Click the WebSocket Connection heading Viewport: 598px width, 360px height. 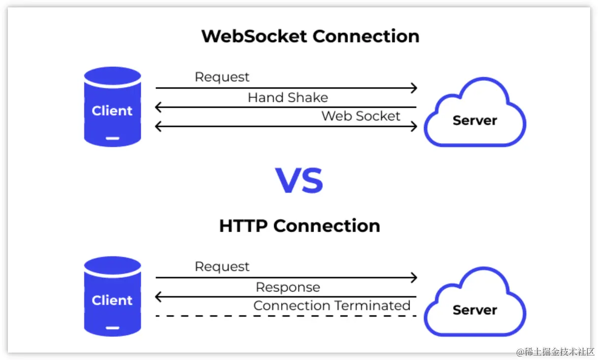pos(310,36)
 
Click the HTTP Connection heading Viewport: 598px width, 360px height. pos(299,226)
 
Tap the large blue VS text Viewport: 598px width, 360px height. pos(299,180)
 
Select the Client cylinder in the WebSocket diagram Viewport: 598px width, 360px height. pos(112,107)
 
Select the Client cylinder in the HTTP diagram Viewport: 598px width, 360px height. pos(112,296)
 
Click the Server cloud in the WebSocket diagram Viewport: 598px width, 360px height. pos(474,116)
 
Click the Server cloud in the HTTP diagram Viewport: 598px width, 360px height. pos(474,305)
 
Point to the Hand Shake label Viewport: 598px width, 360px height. pos(287,97)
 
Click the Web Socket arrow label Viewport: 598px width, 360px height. pos(361,116)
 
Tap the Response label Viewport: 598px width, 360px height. pos(287,287)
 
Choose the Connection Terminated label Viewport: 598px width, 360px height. pos(332,305)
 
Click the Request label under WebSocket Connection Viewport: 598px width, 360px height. pos(222,77)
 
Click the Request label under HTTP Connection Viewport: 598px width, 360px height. pos(222,267)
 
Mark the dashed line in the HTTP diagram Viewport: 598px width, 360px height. pos(285,316)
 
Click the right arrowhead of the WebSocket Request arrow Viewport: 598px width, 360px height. pos(414,89)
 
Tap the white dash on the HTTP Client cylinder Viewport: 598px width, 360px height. pos(112,328)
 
